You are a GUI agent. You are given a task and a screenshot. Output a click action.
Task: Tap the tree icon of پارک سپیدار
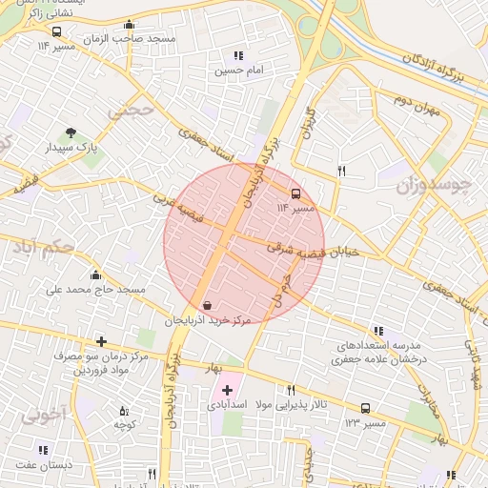[70, 134]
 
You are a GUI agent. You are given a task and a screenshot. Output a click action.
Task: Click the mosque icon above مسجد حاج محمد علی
[94, 275]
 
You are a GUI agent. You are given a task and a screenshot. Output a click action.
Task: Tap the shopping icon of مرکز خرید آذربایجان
[207, 305]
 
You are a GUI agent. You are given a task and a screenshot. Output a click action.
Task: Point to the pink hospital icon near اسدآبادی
[227, 389]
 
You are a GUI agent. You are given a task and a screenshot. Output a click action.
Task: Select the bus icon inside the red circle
[295, 192]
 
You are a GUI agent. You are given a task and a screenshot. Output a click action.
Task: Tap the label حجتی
[130, 110]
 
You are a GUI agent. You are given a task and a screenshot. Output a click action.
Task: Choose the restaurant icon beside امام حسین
[238, 56]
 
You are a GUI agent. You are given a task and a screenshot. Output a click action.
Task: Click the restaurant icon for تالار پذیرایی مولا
[291, 390]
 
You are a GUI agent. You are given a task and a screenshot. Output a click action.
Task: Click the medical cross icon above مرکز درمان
[101, 341]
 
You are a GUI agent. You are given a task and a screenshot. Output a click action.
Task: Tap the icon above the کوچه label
[123, 411]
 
